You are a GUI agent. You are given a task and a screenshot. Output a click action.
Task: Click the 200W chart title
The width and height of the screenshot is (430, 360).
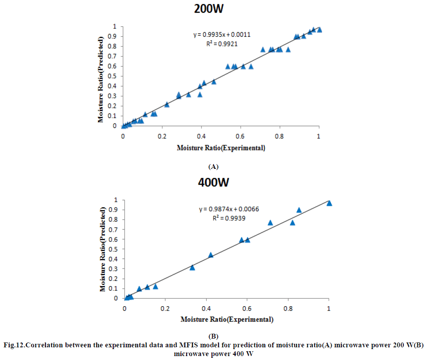[215, 9]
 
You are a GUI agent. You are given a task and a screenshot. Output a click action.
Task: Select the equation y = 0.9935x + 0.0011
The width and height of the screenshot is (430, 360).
[222, 35]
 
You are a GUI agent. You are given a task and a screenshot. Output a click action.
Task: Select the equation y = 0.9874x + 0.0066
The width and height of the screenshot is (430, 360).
[229, 209]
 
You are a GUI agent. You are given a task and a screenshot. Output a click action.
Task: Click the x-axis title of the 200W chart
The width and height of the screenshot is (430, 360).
[221, 148]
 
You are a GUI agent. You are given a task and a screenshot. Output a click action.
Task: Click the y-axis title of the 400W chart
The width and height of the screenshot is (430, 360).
[103, 249]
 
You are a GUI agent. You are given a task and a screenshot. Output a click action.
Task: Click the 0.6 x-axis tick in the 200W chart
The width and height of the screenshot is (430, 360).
[240, 136]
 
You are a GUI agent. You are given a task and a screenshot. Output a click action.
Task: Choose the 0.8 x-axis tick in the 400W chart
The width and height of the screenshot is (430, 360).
[288, 308]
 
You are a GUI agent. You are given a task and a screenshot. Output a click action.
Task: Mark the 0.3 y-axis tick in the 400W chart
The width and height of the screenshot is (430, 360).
[114, 269]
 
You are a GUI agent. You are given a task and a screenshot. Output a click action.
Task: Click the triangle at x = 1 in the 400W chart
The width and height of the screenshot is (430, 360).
[329, 203]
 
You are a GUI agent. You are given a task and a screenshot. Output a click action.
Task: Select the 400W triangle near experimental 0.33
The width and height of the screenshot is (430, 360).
[192, 267]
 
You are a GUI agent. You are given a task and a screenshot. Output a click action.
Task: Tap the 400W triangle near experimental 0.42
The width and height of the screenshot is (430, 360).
[211, 255]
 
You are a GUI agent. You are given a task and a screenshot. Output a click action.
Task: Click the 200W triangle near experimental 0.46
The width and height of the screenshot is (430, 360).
[214, 82]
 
